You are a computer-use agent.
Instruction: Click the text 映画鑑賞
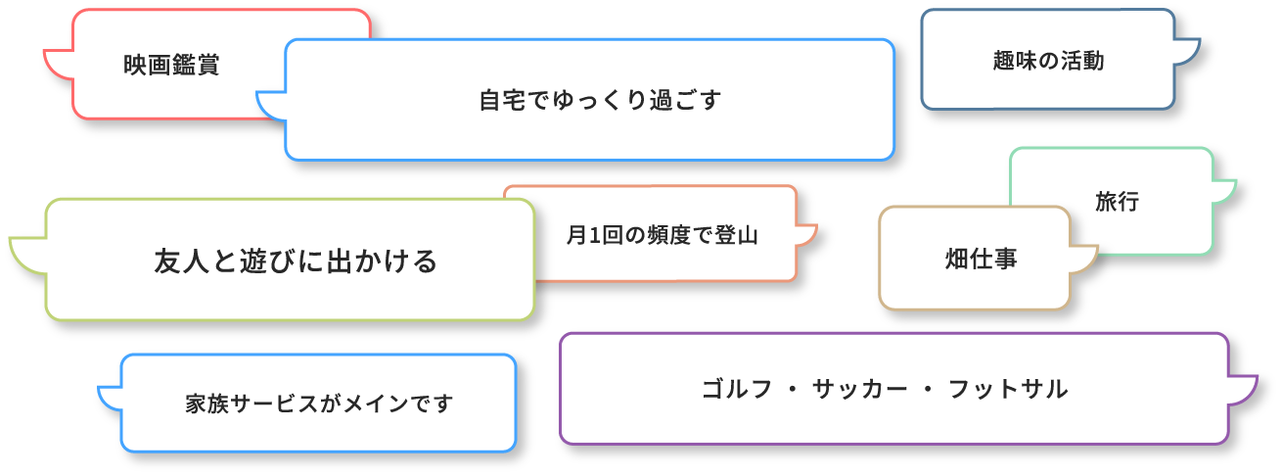point(171,66)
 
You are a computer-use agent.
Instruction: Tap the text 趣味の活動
point(1048,62)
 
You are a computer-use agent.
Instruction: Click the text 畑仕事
point(982,259)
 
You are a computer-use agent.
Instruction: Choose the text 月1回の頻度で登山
point(663,235)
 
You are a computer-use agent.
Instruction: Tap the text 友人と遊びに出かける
point(296,261)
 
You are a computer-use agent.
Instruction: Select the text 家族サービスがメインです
point(319,404)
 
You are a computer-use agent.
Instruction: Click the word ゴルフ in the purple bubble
point(733,389)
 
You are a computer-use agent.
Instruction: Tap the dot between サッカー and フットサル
point(923,390)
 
